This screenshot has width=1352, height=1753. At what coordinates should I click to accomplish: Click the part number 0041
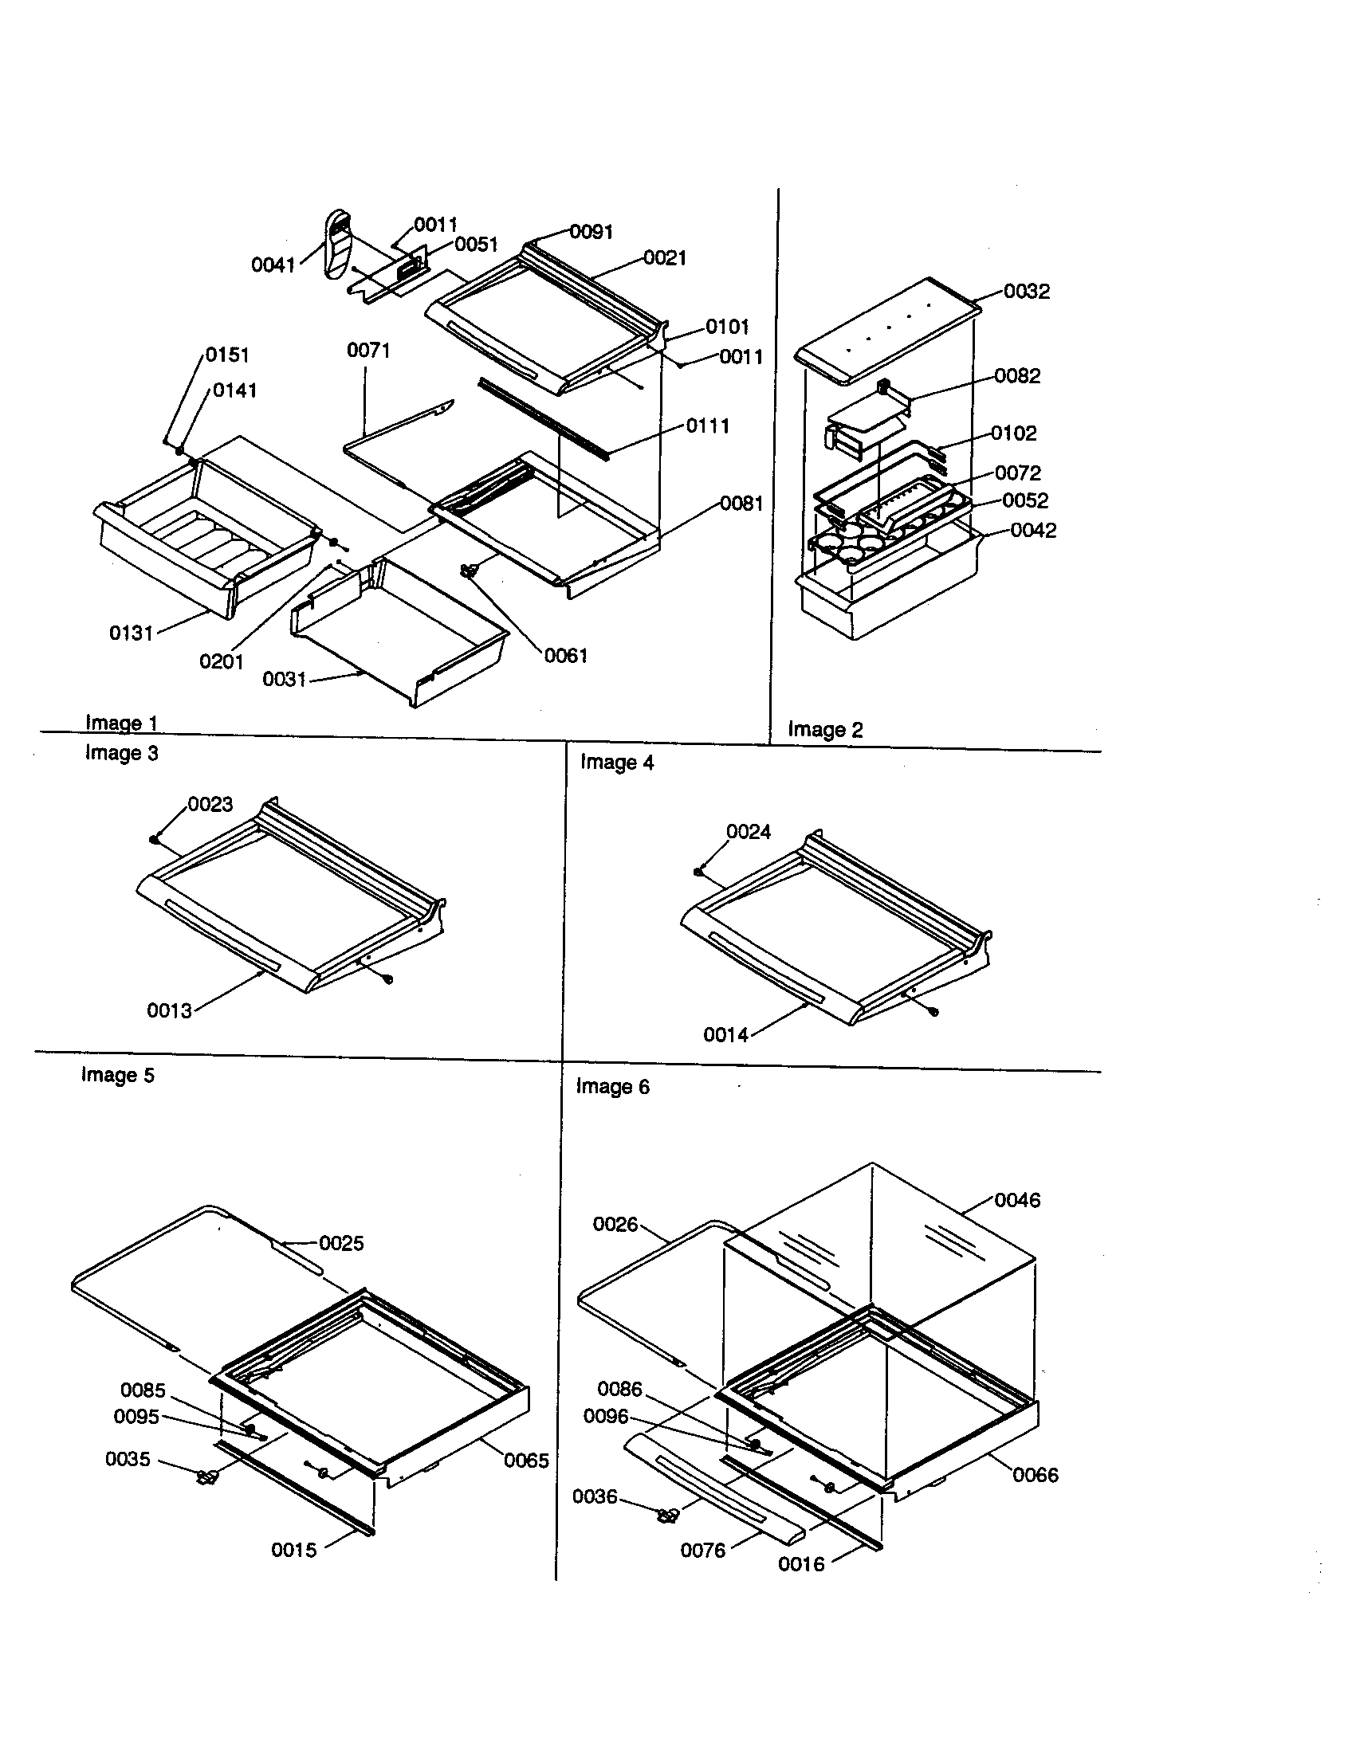click(273, 265)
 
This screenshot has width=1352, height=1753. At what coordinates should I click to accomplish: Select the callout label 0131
click(131, 633)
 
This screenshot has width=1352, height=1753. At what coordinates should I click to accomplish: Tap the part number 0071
click(368, 351)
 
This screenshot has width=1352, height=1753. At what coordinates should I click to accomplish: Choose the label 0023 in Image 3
click(210, 804)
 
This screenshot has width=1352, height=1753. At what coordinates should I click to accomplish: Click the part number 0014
click(725, 1035)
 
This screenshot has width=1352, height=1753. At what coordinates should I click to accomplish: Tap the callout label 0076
click(702, 1551)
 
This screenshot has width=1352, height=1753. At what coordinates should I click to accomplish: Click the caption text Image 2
click(824, 730)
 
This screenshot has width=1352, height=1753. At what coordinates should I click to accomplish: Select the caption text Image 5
click(117, 1075)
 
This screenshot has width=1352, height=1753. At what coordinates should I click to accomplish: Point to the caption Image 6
click(612, 1087)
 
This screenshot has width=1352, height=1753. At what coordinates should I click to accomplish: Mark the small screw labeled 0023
click(153, 840)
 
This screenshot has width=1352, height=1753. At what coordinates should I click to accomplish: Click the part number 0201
click(221, 661)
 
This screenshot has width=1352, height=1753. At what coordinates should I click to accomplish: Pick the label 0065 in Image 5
click(526, 1460)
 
